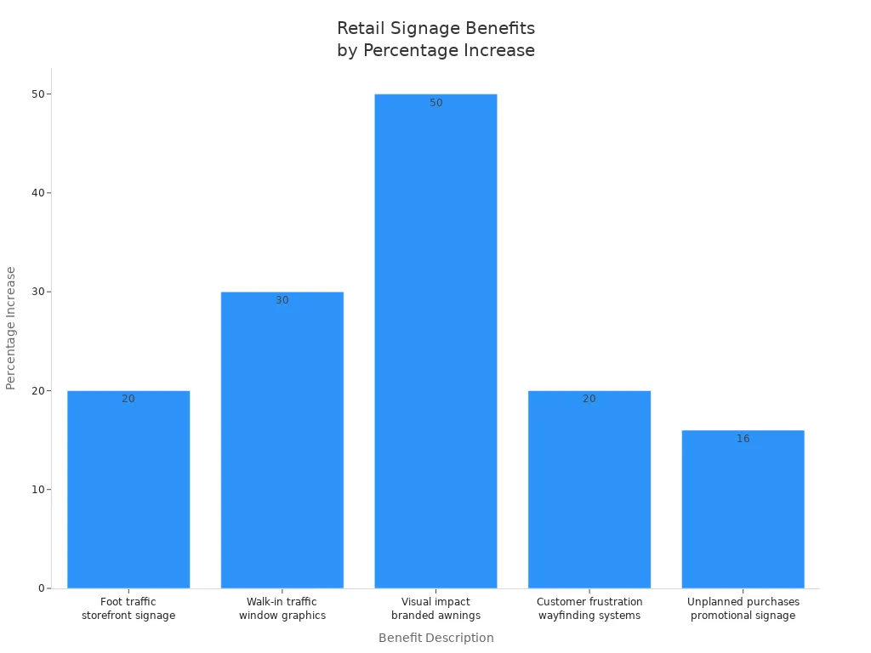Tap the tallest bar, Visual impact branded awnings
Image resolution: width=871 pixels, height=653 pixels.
(x=435, y=340)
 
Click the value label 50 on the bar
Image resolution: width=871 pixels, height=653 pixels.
(x=436, y=103)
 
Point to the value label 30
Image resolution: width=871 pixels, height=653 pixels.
(x=282, y=300)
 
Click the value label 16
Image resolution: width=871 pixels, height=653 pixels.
(x=743, y=439)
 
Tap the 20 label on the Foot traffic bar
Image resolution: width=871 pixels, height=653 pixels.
(x=128, y=399)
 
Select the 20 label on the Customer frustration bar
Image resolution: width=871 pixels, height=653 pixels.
(x=589, y=399)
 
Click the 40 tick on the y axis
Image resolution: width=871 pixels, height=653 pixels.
(x=38, y=193)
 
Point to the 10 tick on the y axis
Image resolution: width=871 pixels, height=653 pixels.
(x=38, y=490)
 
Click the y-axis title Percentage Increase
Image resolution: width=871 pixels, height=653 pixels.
(x=11, y=328)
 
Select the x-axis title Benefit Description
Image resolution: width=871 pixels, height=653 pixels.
(x=435, y=638)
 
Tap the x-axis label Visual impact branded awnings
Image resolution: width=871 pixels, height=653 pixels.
(x=435, y=609)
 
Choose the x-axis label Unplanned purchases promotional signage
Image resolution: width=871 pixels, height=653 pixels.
(x=743, y=609)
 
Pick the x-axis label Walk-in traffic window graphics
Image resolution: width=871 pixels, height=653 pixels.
(x=282, y=609)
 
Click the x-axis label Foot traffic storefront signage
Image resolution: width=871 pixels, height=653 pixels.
(x=128, y=609)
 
